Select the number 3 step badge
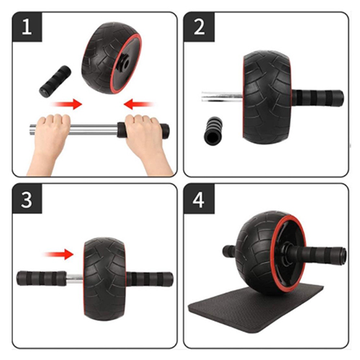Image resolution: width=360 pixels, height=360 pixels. (26, 202)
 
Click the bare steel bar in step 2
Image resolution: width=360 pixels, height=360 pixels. (220, 94)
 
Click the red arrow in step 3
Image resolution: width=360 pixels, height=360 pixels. (58, 253)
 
